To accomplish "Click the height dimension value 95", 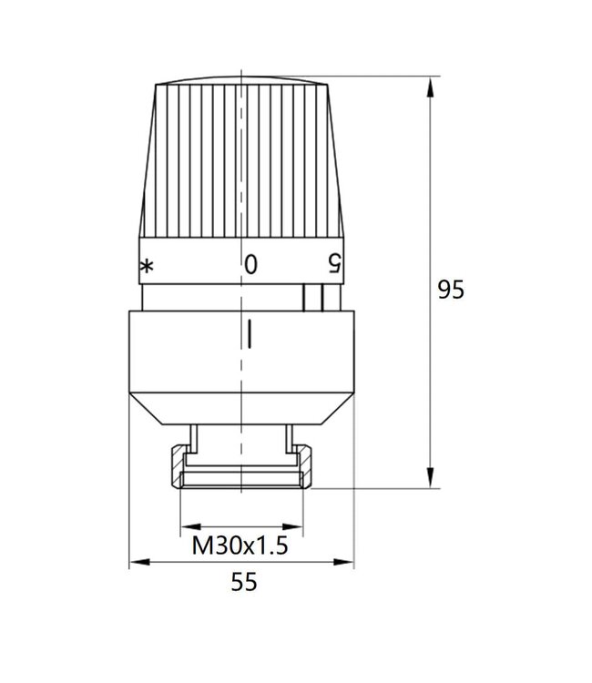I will [x=451, y=290].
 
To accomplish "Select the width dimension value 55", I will [x=243, y=583].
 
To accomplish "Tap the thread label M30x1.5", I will [x=240, y=546].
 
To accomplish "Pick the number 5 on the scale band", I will [x=334, y=264].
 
